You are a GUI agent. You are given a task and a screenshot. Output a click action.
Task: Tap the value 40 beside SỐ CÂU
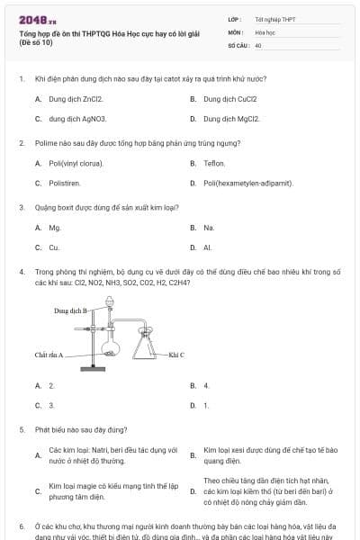click(258, 44)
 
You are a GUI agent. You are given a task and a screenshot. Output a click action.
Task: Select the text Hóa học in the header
click(265, 31)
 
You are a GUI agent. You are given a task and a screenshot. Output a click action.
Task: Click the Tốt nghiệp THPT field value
click(274, 19)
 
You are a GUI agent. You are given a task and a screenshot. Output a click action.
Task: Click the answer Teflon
click(214, 163)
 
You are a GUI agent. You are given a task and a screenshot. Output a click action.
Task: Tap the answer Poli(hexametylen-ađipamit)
click(248, 183)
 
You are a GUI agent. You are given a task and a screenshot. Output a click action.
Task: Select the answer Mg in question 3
click(55, 228)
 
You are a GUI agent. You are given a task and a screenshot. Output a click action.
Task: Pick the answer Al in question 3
click(207, 247)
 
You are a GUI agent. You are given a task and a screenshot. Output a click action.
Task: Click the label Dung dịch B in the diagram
click(73, 310)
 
